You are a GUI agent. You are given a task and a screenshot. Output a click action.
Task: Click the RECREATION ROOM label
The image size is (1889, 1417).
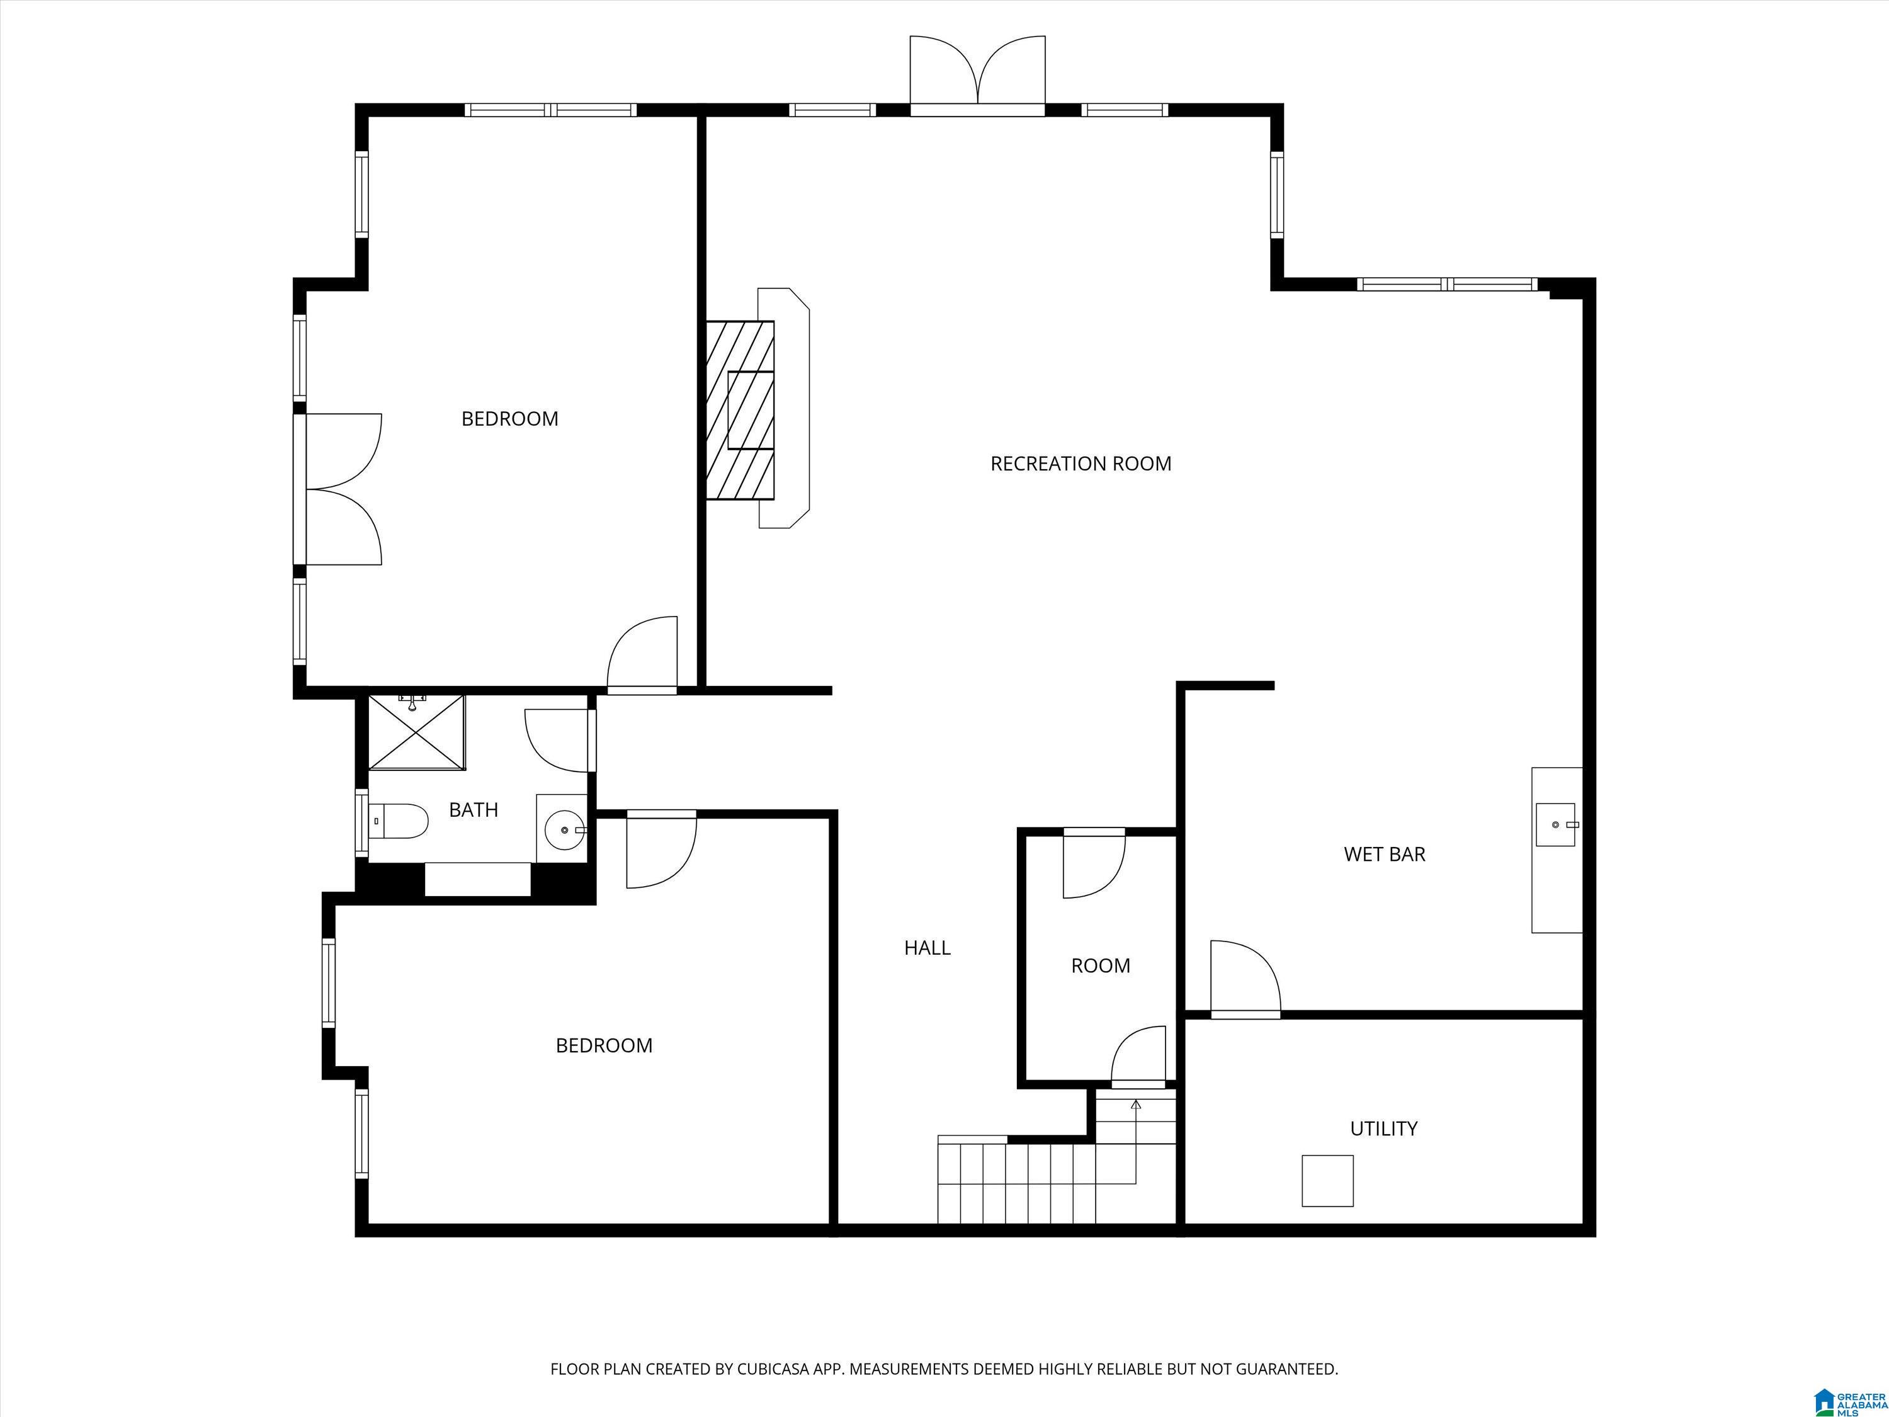[1081, 464]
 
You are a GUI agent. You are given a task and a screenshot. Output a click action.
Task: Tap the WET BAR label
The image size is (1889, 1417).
[1384, 854]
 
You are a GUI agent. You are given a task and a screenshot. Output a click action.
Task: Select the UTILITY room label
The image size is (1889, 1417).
[1383, 1129]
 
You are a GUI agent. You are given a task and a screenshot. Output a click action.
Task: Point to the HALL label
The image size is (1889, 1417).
[927, 947]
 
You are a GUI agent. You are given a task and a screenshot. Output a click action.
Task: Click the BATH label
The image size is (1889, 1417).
[473, 810]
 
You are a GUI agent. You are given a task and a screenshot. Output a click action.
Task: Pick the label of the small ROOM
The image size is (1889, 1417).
[1101, 965]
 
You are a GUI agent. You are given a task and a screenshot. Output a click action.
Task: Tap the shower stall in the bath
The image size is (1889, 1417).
[417, 732]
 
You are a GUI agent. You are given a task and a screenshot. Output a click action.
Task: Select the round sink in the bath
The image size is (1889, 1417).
[564, 829]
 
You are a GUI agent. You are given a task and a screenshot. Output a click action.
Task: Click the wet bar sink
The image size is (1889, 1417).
[1556, 824]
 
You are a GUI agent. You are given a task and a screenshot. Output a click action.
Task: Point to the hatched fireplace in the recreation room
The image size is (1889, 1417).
[740, 410]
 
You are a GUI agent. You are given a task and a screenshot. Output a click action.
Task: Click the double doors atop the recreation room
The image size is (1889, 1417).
[978, 75]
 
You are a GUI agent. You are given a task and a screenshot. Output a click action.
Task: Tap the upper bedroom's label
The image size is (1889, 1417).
[510, 419]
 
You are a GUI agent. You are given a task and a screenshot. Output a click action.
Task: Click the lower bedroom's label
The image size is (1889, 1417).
[604, 1045]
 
